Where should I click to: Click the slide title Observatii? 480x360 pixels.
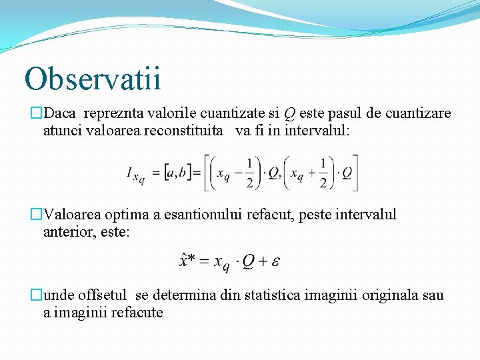[x=93, y=79]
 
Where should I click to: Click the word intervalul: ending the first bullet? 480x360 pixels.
[x=316, y=130]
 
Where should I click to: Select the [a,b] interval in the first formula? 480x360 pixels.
[x=178, y=173]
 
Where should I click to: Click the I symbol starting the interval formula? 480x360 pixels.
[x=130, y=173]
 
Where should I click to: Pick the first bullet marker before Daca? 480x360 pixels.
[x=37, y=113]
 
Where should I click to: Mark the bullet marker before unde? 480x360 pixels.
[x=37, y=295]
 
